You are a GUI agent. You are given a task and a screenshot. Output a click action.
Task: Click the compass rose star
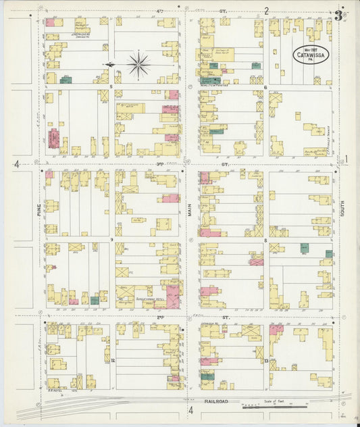click(x=138, y=65)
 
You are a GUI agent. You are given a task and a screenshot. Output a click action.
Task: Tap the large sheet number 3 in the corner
click(x=338, y=16)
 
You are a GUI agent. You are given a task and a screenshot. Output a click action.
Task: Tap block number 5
click(x=111, y=87)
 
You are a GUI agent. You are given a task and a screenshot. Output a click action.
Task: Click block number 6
click(x=265, y=87)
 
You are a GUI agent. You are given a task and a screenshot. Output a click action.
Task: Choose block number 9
click(x=111, y=239)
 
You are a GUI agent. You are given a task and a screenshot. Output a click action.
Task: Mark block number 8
click(x=265, y=240)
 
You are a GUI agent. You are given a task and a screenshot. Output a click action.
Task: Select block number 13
click(x=266, y=361)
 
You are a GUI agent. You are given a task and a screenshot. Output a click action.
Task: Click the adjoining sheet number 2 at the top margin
click(x=266, y=10)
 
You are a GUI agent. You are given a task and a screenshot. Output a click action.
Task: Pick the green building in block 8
click(x=305, y=248)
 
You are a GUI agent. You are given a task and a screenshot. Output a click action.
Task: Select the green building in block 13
click(x=207, y=376)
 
